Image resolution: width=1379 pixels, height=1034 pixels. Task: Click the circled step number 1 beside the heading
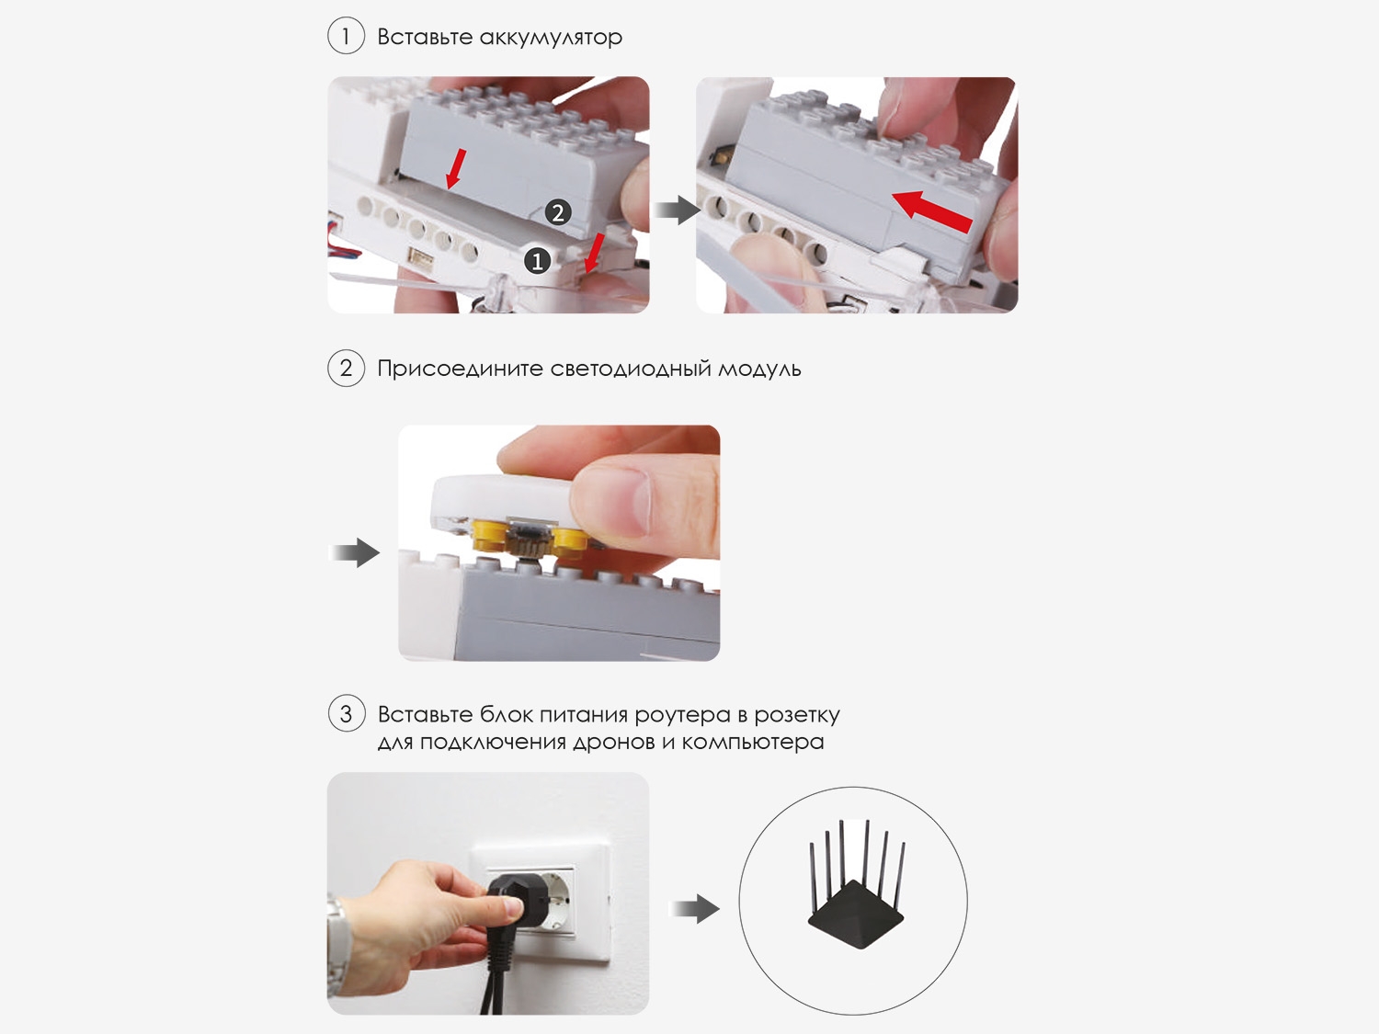[346, 36]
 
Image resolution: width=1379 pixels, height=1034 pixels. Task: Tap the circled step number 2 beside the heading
[346, 368]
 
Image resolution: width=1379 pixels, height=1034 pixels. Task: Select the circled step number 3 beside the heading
[347, 713]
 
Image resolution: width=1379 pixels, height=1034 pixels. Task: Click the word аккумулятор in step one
[551, 38]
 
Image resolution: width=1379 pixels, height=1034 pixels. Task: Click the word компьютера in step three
[753, 742]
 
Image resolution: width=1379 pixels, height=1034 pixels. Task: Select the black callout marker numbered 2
[558, 213]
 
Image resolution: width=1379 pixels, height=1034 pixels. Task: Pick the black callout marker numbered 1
[537, 261]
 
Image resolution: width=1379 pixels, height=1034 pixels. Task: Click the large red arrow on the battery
[931, 212]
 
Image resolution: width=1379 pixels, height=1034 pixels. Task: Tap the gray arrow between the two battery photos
[678, 210]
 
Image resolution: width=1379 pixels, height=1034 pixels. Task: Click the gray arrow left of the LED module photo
[355, 552]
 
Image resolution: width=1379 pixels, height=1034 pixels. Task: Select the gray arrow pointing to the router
[695, 908]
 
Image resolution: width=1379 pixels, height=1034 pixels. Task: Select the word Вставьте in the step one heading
[425, 37]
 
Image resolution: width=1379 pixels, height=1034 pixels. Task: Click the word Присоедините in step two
[460, 369]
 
